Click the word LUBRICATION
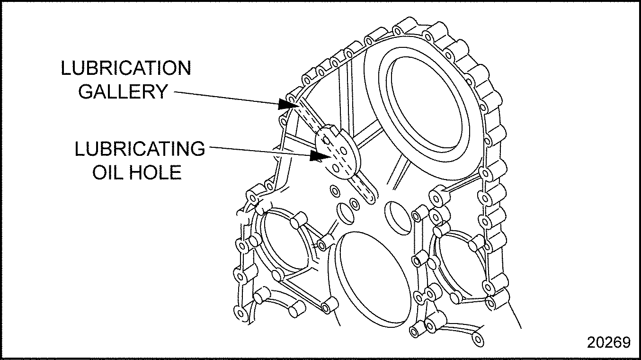pyautogui.click(x=126, y=69)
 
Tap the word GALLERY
pyautogui.click(x=123, y=91)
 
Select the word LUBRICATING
pyautogui.click(x=140, y=149)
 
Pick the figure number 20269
pyautogui.click(x=609, y=342)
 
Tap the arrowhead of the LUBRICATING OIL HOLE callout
pyautogui.click(x=318, y=155)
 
